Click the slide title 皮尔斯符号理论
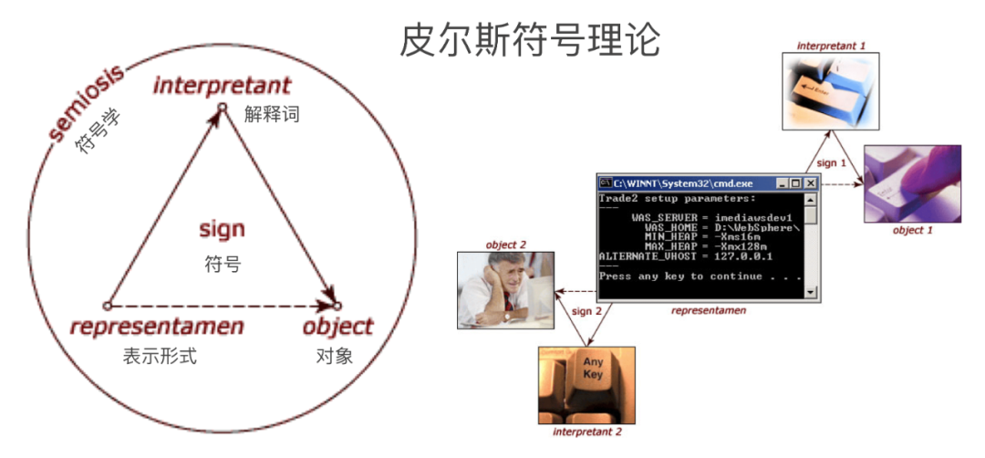click(x=530, y=41)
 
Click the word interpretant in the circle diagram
click(x=222, y=86)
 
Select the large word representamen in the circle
click(x=157, y=327)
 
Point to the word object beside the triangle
click(x=337, y=327)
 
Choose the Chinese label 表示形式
click(x=160, y=356)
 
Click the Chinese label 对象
click(x=328, y=356)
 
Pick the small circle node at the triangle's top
click(x=221, y=108)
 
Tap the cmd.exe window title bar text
click(x=676, y=183)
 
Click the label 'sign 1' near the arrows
click(x=832, y=162)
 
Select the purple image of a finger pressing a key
click(x=913, y=183)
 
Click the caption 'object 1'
click(x=912, y=231)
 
